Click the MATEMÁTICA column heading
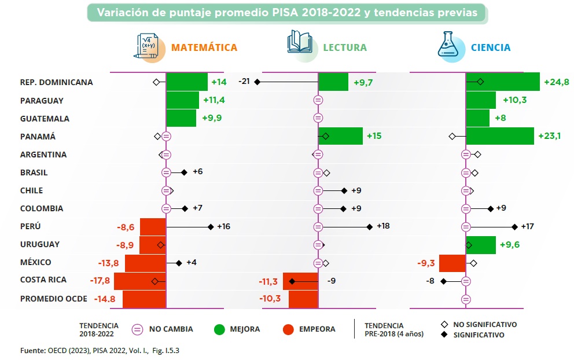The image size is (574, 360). coord(204,47)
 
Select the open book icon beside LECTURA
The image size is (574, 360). coord(301,46)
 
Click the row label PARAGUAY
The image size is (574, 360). coord(42,101)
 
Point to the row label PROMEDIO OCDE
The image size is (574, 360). coord(54,299)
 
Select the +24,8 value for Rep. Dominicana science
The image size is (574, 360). coord(557,82)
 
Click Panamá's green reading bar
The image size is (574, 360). coord(340,137)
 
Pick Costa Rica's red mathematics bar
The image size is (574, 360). coord(140,281)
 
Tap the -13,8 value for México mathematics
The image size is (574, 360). coord(108,263)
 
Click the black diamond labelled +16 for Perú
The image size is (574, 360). coord(211,227)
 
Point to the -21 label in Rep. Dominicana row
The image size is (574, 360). coord(244,82)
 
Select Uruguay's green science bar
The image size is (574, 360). coord(481,245)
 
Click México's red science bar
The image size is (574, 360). coord(452,263)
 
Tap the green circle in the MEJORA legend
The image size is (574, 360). coord(219,329)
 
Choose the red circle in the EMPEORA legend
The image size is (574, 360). coord(289,329)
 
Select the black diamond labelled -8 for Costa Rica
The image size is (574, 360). coord(443,281)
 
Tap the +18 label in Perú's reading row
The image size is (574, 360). coord(383,226)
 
